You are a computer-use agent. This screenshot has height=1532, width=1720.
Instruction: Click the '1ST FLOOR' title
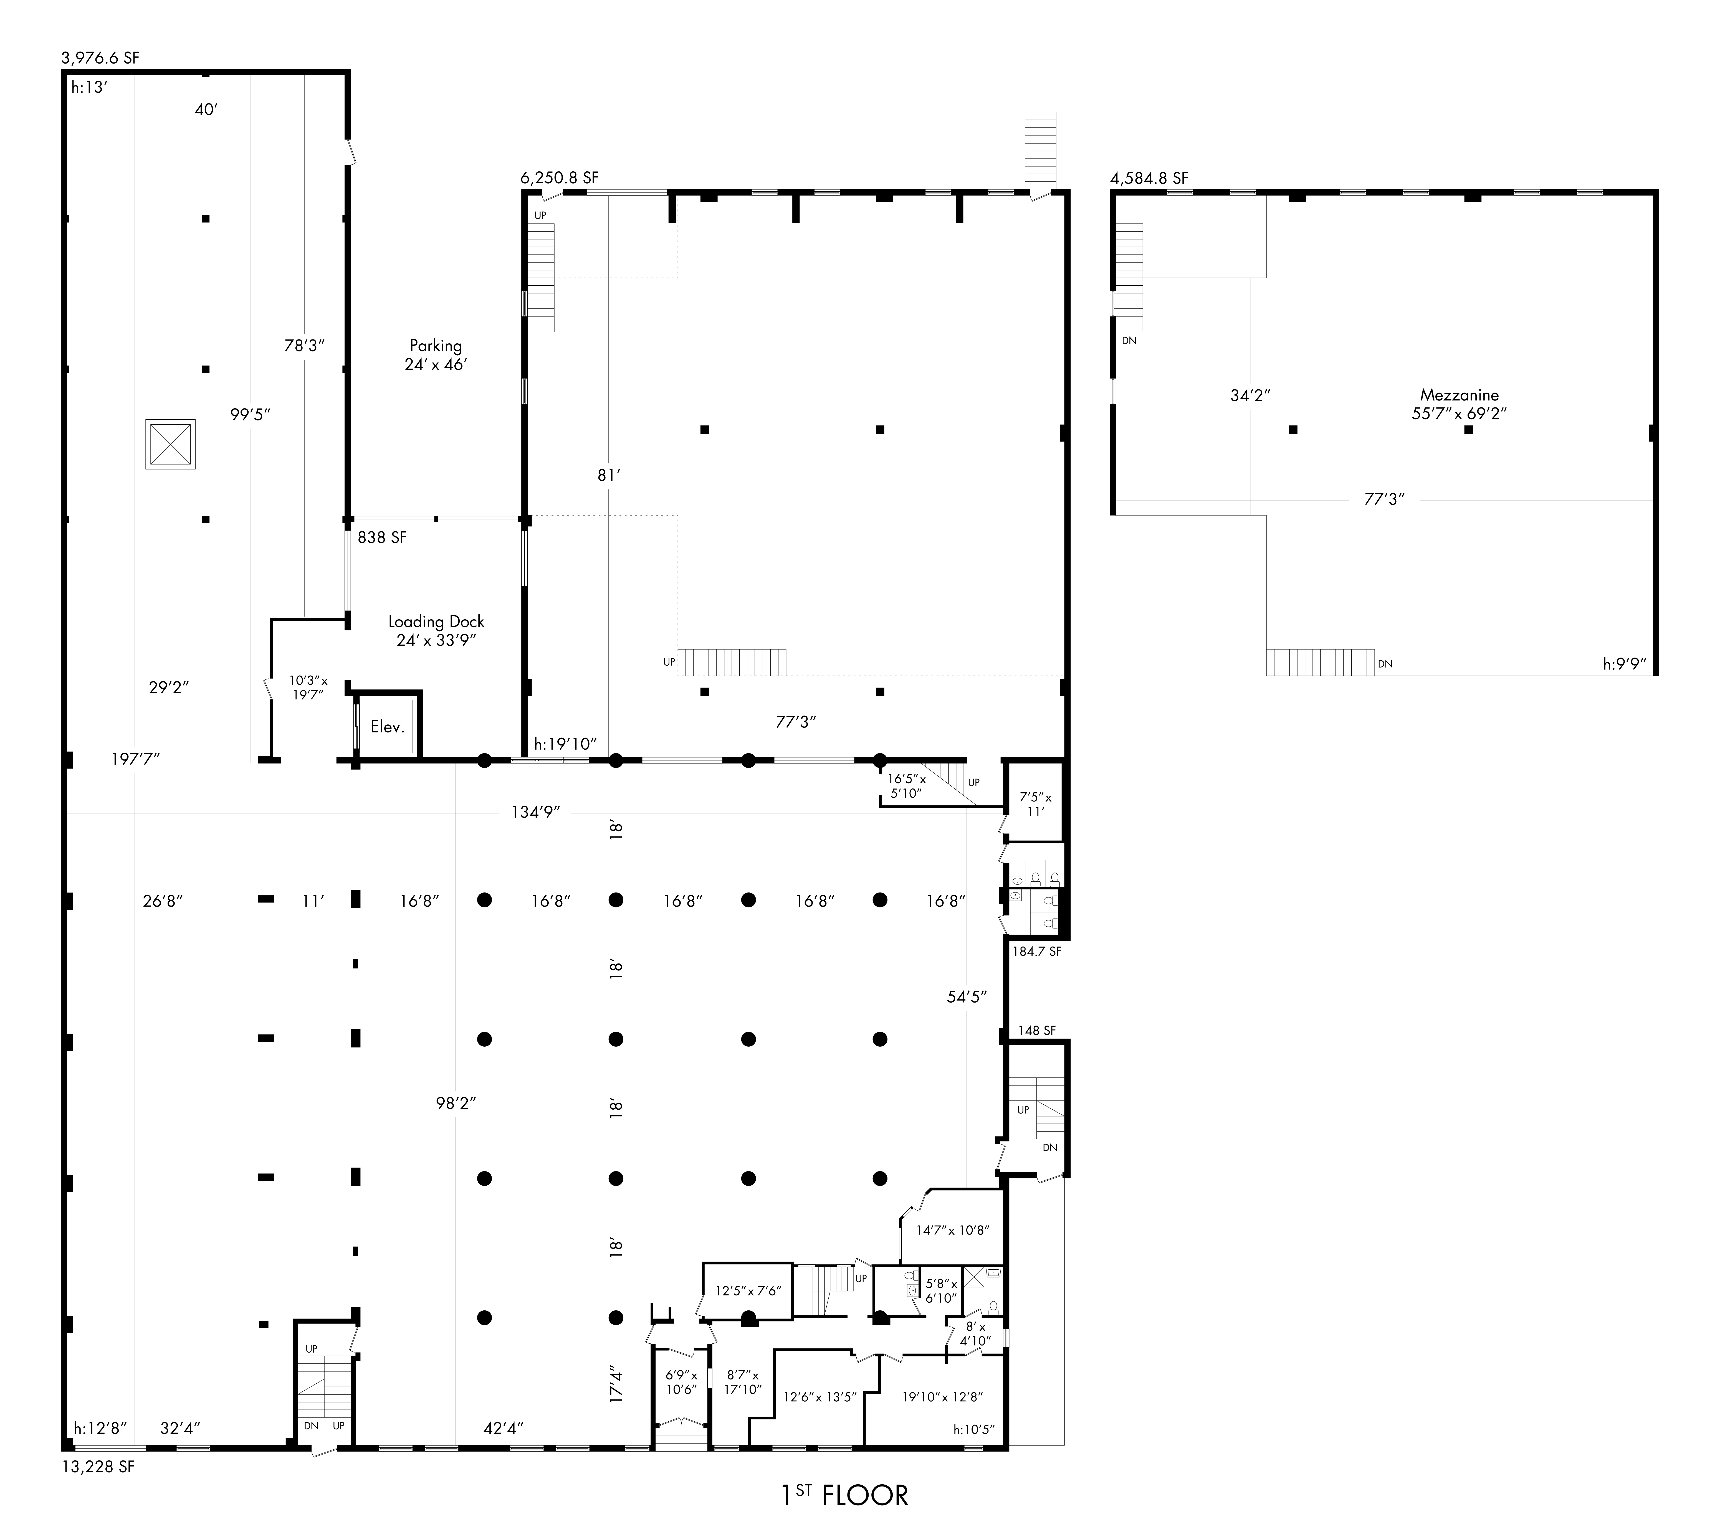pyautogui.click(x=844, y=1495)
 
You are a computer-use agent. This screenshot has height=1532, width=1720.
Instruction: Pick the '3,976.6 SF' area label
pyautogui.click(x=100, y=58)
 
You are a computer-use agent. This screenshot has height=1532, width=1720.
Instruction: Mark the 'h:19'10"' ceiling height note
pyautogui.click(x=565, y=744)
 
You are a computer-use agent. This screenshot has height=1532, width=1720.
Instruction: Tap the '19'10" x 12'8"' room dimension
pyautogui.click(x=942, y=1396)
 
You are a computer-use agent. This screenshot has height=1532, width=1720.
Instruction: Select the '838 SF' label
pyautogui.click(x=382, y=537)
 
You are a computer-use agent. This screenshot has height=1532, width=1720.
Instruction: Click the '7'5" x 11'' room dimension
pyautogui.click(x=1036, y=804)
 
